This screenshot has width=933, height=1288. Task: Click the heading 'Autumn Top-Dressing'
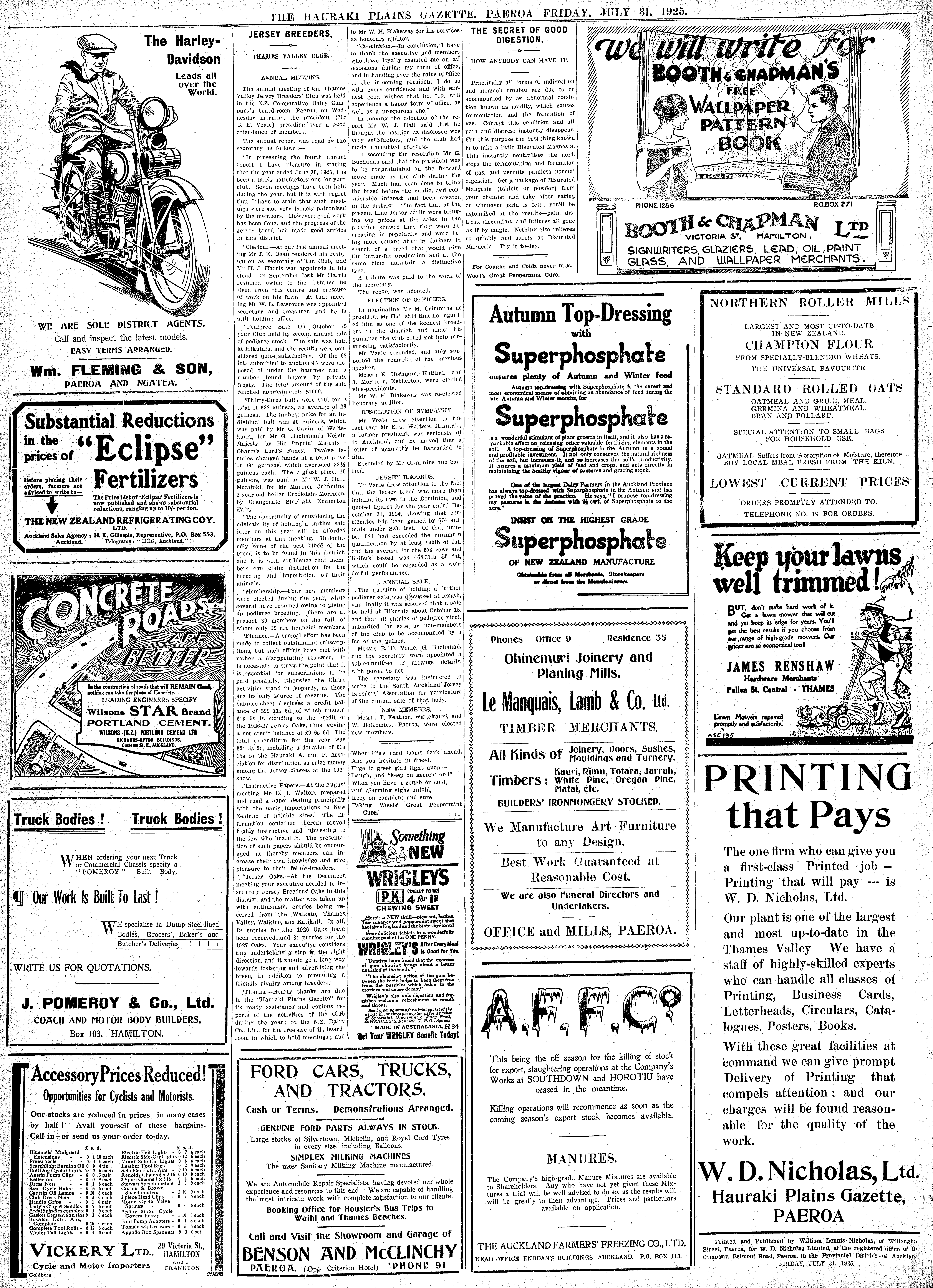(580, 313)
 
